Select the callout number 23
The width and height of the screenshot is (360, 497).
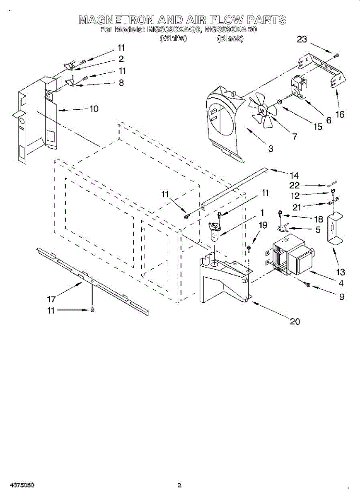(302, 39)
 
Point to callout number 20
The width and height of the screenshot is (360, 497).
(295, 321)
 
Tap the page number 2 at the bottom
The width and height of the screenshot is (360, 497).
(180, 485)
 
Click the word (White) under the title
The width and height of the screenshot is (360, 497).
(173, 39)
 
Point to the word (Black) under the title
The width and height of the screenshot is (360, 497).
(230, 39)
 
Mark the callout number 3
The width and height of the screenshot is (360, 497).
(270, 148)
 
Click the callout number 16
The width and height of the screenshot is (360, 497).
(340, 115)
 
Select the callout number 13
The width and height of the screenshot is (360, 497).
(341, 273)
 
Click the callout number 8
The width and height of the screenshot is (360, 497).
(121, 82)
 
